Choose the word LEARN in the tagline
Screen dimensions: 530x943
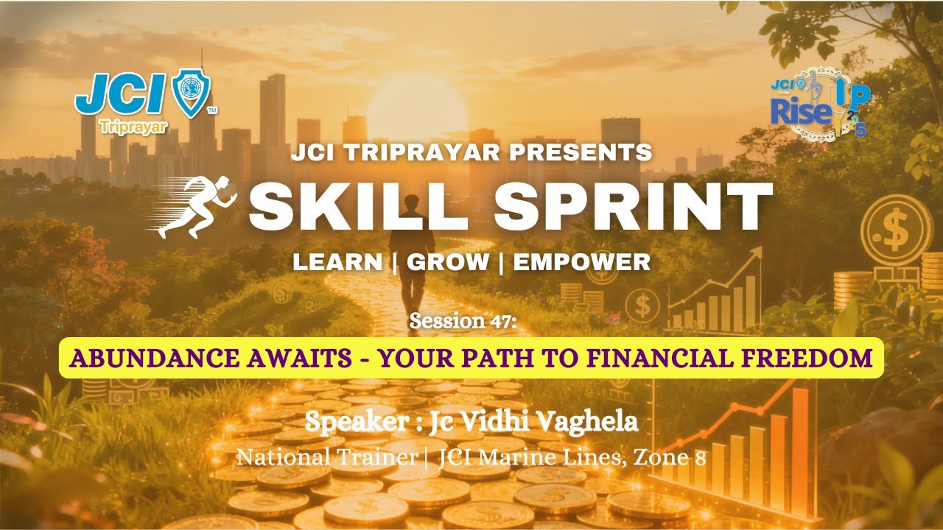pos(337,262)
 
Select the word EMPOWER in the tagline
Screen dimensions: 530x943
pos(582,262)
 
